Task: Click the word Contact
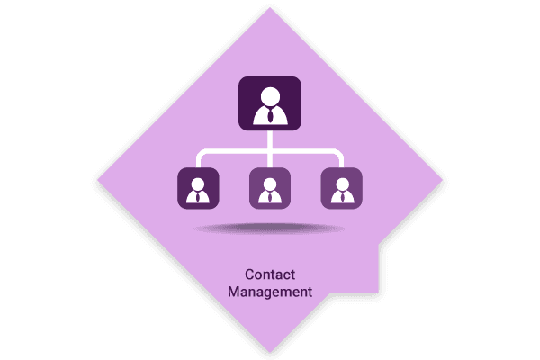point(270,274)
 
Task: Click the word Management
point(270,292)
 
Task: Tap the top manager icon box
point(270,103)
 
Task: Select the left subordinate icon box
point(198,188)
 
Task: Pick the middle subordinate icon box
point(270,188)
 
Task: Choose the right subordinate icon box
point(342,188)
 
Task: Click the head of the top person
point(270,96)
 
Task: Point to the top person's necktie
point(271,115)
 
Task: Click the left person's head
point(198,184)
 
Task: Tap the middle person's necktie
point(270,197)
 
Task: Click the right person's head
point(342,184)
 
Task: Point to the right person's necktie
point(342,197)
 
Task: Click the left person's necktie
point(198,197)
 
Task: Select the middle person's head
point(270,184)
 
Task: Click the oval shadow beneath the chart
point(270,228)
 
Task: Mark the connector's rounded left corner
point(200,153)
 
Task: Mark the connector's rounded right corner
point(340,153)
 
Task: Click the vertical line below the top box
point(270,148)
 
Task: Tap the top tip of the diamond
point(270,7)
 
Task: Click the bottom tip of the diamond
point(270,353)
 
